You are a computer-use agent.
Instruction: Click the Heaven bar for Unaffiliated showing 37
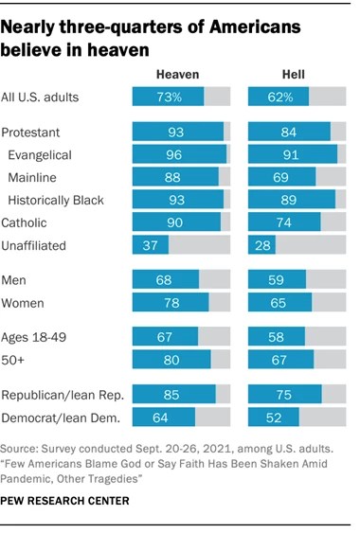pyautogui.click(x=150, y=244)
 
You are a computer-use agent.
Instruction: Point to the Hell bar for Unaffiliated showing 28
pyautogui.click(x=261, y=244)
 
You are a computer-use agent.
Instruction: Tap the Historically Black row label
pyautogui.click(x=55, y=200)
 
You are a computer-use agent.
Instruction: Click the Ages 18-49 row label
pyautogui.click(x=36, y=336)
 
